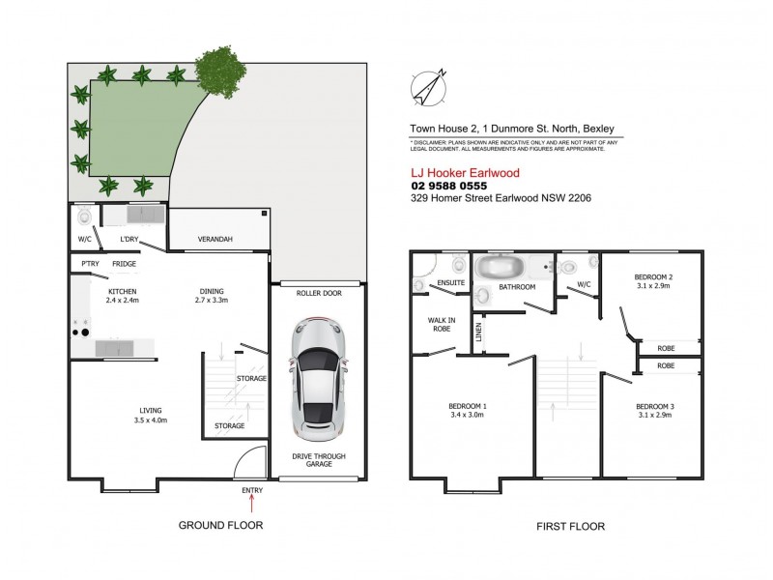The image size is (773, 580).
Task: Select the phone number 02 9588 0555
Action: tap(449, 185)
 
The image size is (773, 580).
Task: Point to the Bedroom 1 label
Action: tap(467, 405)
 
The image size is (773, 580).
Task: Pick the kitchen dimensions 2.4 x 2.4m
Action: tap(122, 301)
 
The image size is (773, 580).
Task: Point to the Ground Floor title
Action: tap(220, 526)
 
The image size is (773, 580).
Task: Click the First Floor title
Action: tap(570, 527)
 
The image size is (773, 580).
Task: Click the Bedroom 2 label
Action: tap(655, 276)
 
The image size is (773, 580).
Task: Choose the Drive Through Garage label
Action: tap(319, 460)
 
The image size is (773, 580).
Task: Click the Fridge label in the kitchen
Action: tap(124, 264)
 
